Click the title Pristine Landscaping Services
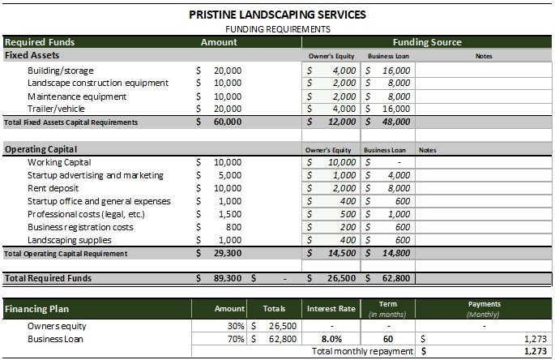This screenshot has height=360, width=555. pos(277,14)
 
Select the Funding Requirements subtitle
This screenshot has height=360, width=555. pos(277,28)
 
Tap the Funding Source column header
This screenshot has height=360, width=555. pos(426,42)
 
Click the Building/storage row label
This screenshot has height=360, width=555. pos(61,71)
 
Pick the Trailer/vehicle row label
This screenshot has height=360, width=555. pos(57,109)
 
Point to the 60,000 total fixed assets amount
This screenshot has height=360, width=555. pos(227,122)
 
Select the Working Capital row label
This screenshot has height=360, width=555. pos(59,162)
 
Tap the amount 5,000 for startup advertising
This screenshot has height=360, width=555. pos(228,175)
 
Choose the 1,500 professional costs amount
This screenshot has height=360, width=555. pos(228,214)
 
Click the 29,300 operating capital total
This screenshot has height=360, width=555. pos(227,253)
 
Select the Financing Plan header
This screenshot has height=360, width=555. pos(36,309)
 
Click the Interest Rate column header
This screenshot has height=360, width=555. pos(331,309)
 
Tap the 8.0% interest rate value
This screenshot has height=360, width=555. pos(331,339)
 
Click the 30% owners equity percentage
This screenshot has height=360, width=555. pos(235,326)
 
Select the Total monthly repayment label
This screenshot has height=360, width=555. pos(362,352)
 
